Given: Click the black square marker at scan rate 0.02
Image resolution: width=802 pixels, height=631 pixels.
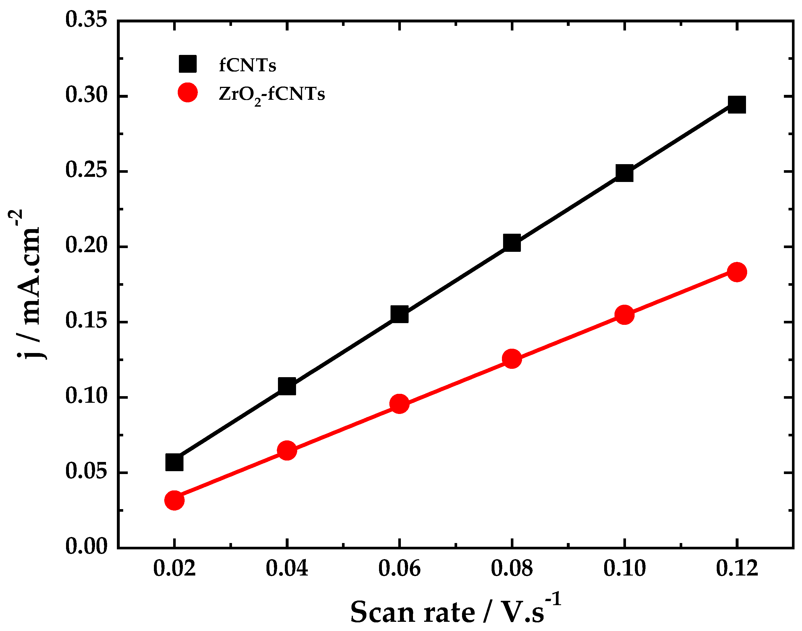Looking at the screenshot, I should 174,462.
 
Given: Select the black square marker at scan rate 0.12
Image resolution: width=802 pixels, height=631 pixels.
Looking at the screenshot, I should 737,105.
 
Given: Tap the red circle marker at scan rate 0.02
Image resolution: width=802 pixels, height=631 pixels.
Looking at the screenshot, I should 174,500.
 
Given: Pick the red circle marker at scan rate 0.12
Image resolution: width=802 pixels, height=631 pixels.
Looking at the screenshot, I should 737,272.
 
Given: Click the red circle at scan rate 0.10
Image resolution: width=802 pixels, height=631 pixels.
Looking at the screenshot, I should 624,315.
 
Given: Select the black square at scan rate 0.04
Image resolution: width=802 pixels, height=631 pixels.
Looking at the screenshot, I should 287,386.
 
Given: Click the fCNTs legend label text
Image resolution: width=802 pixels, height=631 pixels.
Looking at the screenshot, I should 247,65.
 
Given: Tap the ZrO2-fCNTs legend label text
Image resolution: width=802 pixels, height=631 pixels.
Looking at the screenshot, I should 272,94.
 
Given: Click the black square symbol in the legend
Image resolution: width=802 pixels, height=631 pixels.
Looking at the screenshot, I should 188,64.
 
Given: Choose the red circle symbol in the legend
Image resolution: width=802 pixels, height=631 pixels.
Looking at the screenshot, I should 188,92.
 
